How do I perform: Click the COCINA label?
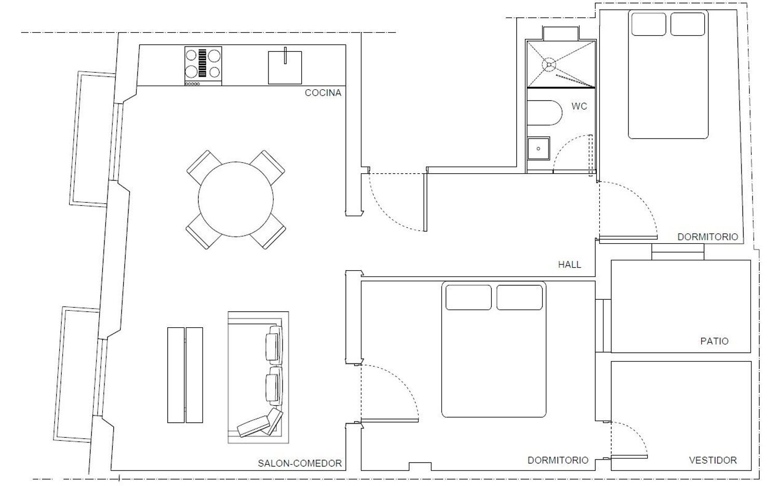[x=323, y=93]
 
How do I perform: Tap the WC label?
[x=579, y=106]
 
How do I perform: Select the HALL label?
[x=569, y=265]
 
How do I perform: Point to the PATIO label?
[x=714, y=341]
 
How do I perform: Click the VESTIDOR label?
[x=713, y=460]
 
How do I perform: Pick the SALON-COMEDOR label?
[x=300, y=463]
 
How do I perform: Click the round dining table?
[x=236, y=199]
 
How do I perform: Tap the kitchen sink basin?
[x=285, y=67]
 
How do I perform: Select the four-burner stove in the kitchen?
[x=203, y=66]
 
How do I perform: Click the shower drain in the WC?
[x=549, y=65]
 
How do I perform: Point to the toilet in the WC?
[x=544, y=113]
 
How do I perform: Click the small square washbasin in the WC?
[x=539, y=148]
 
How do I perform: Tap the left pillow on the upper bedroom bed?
[x=649, y=24]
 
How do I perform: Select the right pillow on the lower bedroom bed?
[x=519, y=297]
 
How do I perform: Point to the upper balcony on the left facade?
[x=92, y=139]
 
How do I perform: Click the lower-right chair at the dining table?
[x=268, y=231]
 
